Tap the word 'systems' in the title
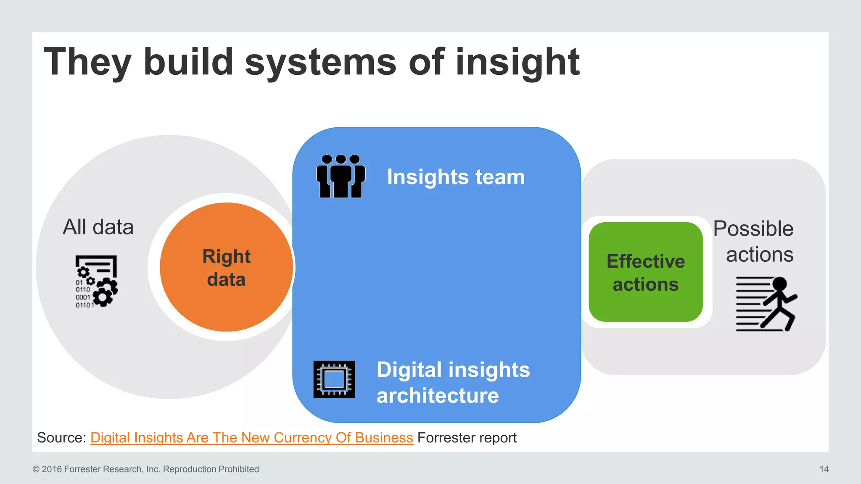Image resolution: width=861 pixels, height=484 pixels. pos(320,62)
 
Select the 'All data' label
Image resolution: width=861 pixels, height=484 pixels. pos(98,227)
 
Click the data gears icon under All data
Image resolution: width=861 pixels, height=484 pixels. pos(97,281)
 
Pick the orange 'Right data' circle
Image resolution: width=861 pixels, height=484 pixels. pos(226,268)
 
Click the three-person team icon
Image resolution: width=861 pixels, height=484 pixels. pos(341,176)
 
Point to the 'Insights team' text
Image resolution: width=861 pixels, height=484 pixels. pos(456,177)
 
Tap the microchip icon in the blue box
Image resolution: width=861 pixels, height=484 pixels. pos(334,379)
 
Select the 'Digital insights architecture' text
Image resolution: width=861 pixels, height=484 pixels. pos(453,382)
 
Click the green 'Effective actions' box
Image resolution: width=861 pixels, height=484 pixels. pos(645,272)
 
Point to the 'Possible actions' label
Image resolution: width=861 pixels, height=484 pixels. pos(753,241)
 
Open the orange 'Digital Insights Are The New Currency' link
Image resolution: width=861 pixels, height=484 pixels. pos(251,438)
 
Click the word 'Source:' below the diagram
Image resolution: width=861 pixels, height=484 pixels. pos(62,438)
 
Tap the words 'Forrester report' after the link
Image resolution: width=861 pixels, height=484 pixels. pos(467,438)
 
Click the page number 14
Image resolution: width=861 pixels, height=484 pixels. pos(824,469)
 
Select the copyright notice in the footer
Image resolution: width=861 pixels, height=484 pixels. pos(145,469)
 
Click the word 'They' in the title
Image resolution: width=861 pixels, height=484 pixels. pos(87,62)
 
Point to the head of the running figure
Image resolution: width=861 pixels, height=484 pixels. pos(779,284)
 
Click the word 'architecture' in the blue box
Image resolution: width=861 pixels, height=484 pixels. pos(438,396)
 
